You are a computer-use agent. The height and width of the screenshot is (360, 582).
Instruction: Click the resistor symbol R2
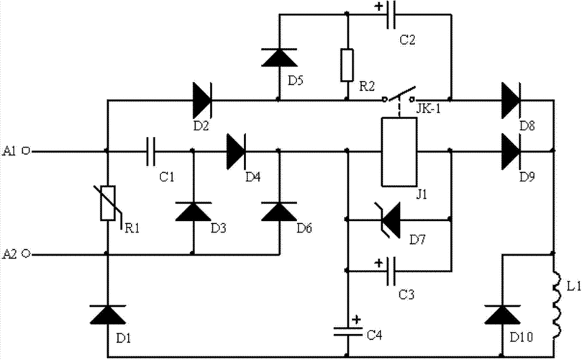point(348,63)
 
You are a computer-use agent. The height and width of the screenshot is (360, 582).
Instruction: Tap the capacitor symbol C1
point(150,151)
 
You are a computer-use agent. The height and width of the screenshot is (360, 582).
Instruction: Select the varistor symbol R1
point(107,202)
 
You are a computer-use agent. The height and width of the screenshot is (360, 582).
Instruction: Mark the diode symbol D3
point(192,212)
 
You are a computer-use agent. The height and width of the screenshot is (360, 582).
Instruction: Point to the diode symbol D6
point(278,212)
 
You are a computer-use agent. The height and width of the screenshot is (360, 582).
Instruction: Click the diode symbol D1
point(107,314)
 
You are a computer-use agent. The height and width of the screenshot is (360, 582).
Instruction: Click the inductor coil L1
point(556,302)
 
